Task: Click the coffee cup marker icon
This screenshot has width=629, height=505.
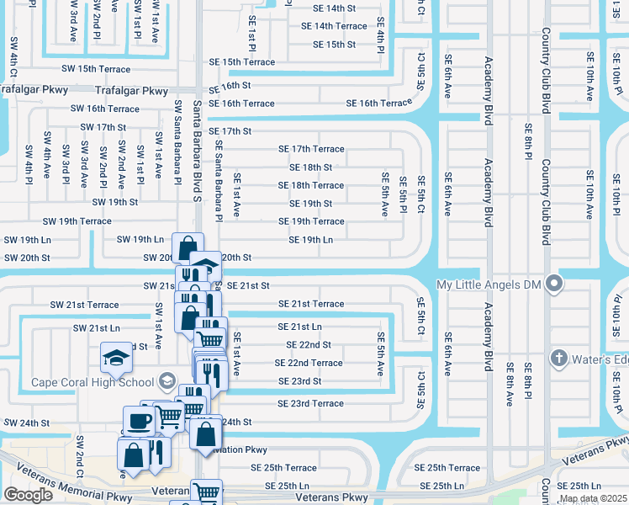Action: point(138,420)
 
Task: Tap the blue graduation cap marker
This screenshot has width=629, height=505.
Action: point(116,358)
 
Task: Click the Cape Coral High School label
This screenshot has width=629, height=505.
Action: point(92,382)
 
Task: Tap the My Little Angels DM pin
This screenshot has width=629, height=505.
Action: point(554,284)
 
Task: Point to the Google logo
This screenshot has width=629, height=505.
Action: point(29,495)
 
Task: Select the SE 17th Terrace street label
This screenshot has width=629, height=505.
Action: point(311,149)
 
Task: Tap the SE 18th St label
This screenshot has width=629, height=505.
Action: point(311,167)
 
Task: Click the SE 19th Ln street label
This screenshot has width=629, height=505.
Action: point(311,240)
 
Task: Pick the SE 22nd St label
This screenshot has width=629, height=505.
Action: point(309,345)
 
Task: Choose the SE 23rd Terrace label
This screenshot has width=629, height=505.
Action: point(304,404)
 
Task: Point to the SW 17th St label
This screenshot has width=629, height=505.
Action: point(103,127)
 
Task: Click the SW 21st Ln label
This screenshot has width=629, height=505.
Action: point(96,327)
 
